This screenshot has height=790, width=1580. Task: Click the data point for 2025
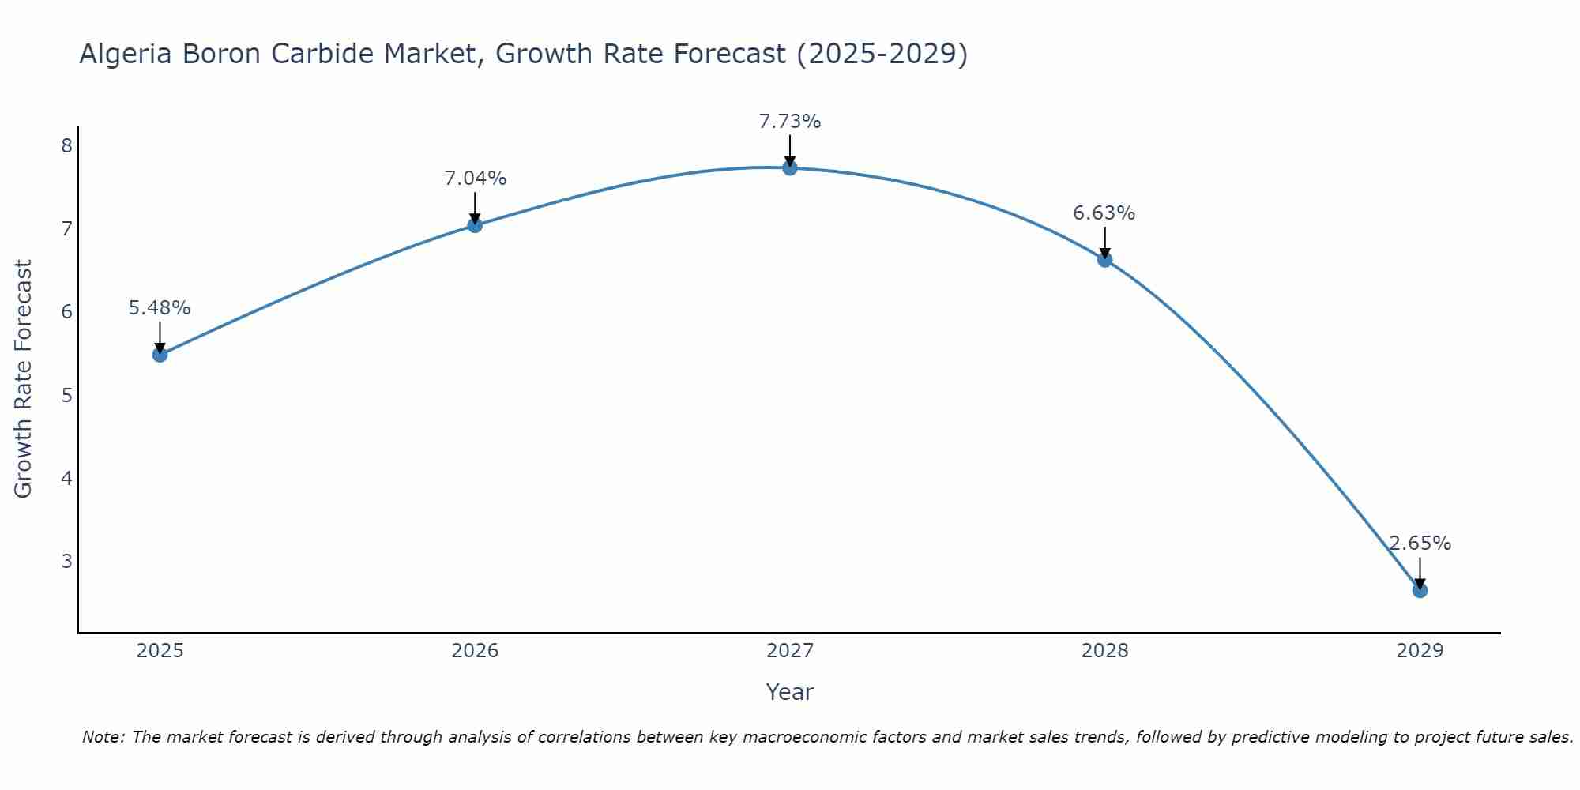point(160,355)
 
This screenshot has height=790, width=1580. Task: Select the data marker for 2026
point(475,225)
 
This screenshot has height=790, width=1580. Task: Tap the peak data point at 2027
point(790,167)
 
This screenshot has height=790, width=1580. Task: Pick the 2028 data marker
point(1104,259)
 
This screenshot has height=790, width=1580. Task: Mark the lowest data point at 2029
point(1420,590)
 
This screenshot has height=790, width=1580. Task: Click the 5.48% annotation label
point(160,308)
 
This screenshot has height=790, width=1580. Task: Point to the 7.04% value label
point(475,179)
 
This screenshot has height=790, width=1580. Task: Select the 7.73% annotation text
point(790,122)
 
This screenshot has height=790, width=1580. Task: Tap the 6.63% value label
point(1104,213)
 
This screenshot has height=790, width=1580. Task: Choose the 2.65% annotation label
point(1420,544)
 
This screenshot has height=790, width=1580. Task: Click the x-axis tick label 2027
point(790,651)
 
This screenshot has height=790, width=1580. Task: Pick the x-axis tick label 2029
point(1420,651)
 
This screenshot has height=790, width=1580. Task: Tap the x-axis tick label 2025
point(160,651)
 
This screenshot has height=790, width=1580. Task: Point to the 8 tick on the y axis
point(66,145)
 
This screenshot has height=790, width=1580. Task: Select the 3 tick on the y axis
point(66,561)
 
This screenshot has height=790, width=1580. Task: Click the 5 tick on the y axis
point(66,395)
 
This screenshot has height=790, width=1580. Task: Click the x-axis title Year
point(790,692)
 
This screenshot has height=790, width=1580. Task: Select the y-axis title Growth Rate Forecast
point(23,379)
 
